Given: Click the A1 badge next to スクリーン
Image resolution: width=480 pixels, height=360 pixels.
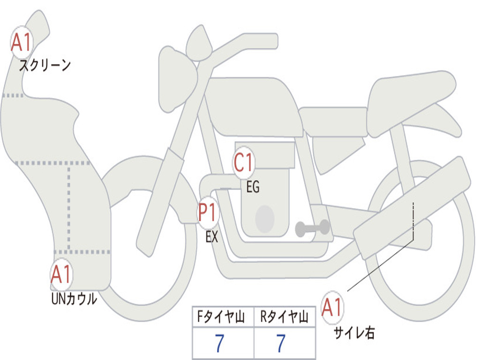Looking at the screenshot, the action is pos(21,43).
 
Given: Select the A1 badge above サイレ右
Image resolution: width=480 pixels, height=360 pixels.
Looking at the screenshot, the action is pos(332,308).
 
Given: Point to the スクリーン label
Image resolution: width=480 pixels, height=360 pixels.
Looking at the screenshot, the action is pos(45,65).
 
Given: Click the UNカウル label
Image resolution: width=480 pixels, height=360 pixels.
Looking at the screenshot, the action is pos(74,299).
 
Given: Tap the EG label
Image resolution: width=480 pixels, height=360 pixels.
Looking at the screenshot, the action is pos(253,187).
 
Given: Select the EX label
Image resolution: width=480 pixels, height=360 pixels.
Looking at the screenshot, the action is pos(212,237).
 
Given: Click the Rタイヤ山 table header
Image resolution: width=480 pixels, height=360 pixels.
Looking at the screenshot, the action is pos(285,318).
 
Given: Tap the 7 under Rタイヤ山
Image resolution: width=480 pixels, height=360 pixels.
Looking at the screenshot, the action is pos(281,344).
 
